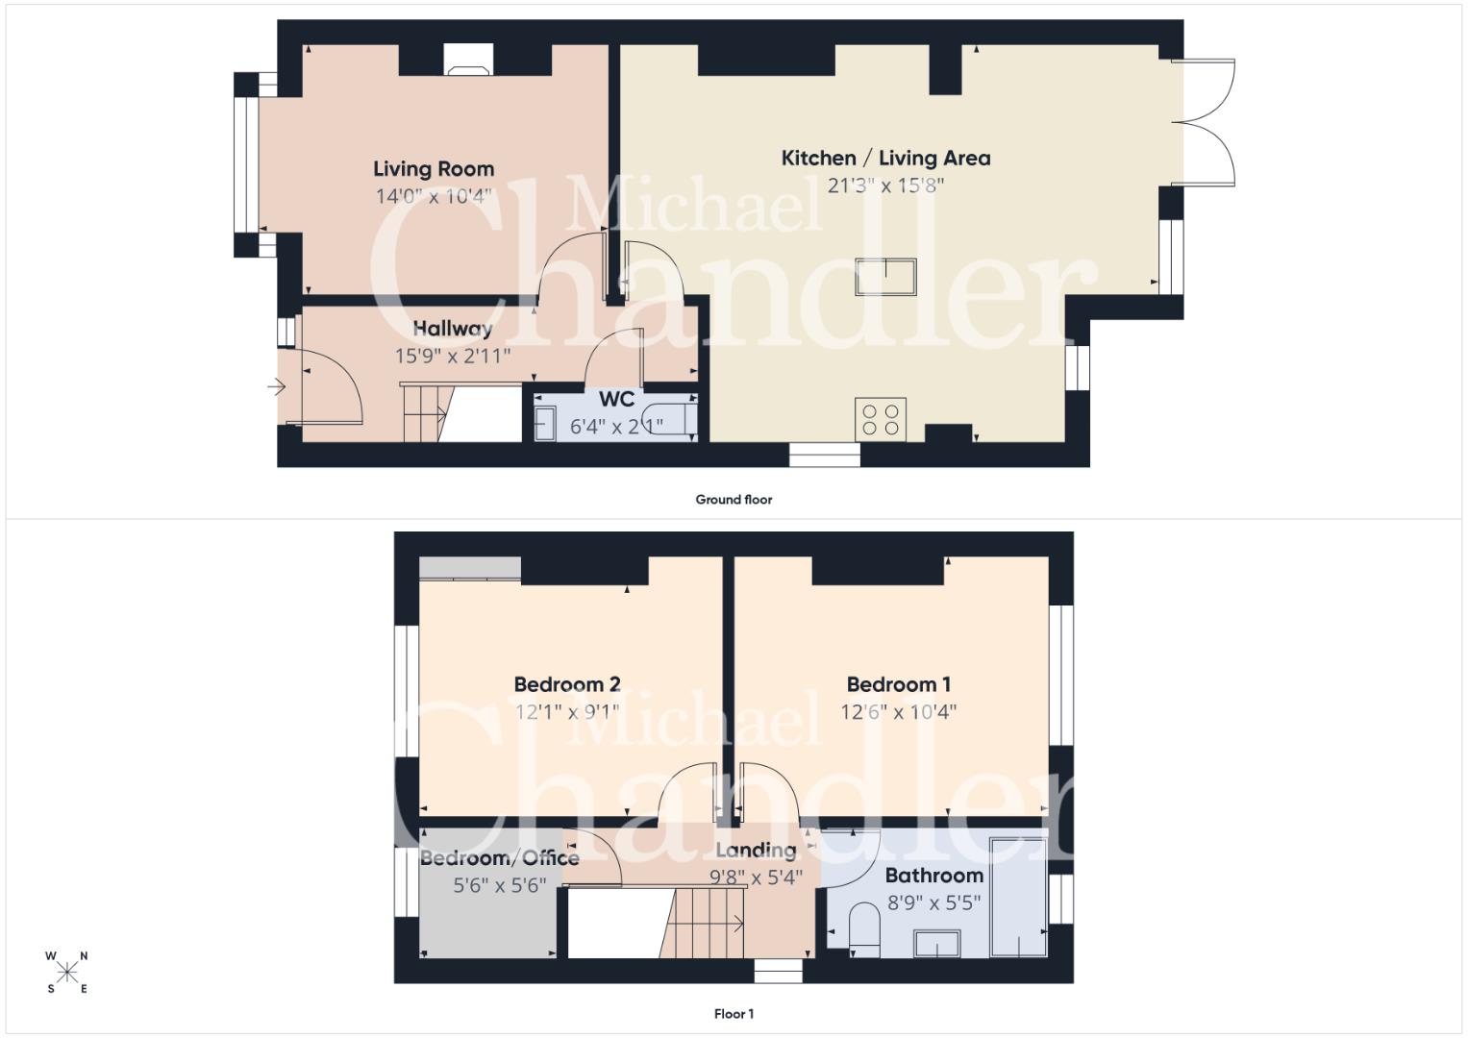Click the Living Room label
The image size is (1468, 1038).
434,169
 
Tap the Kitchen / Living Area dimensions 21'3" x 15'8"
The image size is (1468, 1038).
885,186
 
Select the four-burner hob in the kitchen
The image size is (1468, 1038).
881,419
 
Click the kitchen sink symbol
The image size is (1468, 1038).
885,277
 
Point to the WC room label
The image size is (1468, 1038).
616,399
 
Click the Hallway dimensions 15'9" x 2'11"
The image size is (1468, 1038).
452,357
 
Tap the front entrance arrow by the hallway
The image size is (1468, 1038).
277,387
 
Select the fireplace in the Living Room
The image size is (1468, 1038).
468,60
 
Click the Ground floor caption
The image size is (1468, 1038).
734,500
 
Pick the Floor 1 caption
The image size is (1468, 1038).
734,1014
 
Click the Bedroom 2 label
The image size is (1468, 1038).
567,684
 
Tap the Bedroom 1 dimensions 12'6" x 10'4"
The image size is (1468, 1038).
899,712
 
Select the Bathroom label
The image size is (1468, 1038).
933,876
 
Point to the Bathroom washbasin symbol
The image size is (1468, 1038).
937,944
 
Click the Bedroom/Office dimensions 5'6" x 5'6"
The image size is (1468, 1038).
499,886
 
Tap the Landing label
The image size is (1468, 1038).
756,851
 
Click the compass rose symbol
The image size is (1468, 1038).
67,973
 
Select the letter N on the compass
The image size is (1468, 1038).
84,956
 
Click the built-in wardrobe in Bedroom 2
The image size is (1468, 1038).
470,569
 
